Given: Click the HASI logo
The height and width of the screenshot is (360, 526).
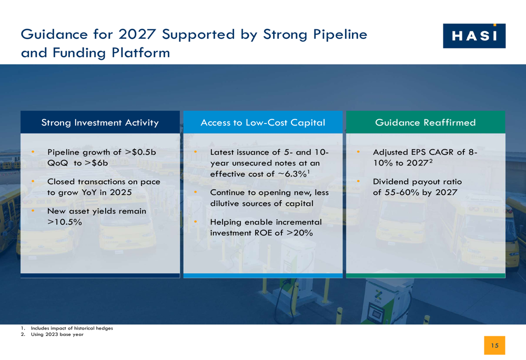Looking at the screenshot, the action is coord(474,36).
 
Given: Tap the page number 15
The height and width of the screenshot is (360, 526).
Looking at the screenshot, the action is coord(495,346).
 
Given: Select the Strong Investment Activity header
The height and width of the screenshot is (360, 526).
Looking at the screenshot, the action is coord(100,122).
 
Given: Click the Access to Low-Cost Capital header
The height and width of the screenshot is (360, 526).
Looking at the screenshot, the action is coord(263,122).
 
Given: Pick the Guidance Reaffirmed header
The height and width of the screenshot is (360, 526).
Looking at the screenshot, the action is coord(426,122).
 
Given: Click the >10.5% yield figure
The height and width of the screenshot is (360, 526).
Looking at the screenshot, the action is coord(64,222).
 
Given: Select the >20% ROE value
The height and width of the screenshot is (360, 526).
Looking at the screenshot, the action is coord(300,233).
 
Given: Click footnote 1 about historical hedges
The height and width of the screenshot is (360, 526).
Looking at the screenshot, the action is coord(67,328).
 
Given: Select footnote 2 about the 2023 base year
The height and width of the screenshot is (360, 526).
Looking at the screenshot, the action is coord(52,335).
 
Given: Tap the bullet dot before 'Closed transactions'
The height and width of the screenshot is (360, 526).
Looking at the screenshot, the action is coord(33,181).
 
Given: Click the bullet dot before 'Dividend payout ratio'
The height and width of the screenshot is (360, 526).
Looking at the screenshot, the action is coord(358,181).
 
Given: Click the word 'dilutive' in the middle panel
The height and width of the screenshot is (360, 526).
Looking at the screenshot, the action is coord(224,204).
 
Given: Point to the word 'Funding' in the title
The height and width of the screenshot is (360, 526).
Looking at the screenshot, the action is coord(79,53).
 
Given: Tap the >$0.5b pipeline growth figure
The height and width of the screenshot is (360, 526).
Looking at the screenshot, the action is coord(140,152).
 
